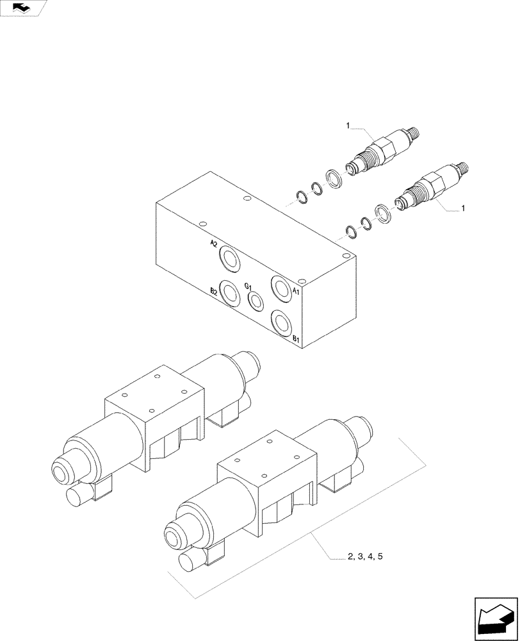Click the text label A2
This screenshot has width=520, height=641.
point(214,244)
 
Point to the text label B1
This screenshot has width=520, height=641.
point(297,338)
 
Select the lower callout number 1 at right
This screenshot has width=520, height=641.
point(464,208)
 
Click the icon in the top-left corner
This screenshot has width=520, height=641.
point(22,8)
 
